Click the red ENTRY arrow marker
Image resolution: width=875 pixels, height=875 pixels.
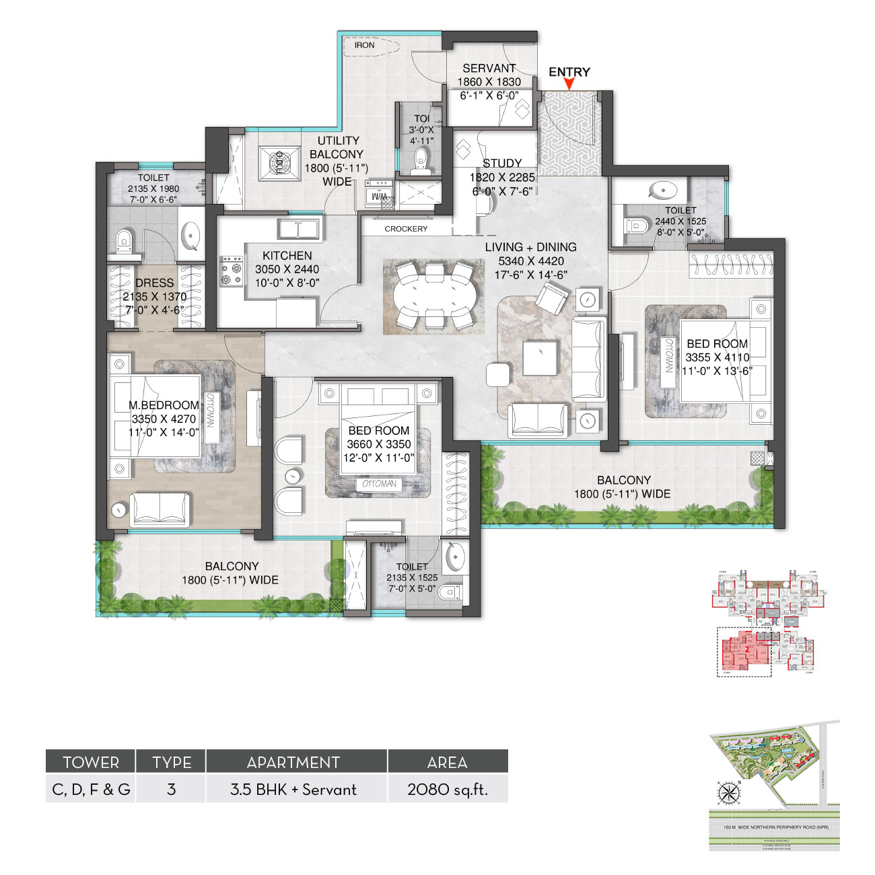coord(569,84)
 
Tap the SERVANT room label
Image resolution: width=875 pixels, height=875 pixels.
coord(489,68)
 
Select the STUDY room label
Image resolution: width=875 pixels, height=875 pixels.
coord(502,163)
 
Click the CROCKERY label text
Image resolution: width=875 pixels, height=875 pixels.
coord(406,229)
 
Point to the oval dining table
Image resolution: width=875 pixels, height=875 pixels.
coord(433,296)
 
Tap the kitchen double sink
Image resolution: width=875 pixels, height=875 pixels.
coord(299,229)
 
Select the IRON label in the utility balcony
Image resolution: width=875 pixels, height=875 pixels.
coord(364,45)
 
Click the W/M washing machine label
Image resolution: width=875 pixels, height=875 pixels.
coord(379,197)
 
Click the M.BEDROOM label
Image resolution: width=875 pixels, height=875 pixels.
coord(164,405)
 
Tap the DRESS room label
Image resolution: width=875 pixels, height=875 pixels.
coord(154,283)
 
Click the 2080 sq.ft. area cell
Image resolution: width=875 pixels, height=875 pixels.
coord(448,790)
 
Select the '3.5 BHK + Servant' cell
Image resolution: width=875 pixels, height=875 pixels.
coord(293,790)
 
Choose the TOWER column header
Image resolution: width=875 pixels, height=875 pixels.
coord(91,763)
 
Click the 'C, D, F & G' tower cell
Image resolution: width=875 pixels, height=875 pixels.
coord(91,790)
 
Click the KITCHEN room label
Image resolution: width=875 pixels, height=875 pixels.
coord(287,256)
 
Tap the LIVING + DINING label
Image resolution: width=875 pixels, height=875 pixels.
coord(530,247)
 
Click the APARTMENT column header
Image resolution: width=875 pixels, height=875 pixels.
coord(293,763)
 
